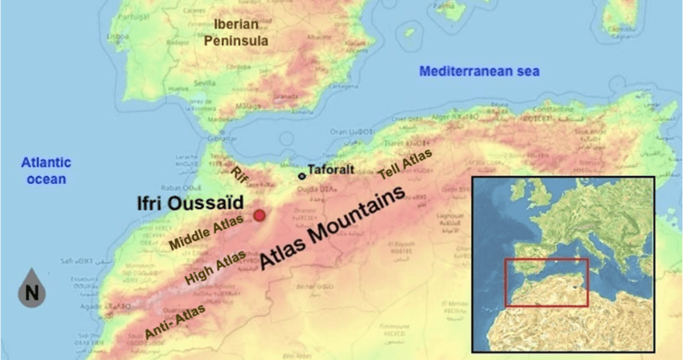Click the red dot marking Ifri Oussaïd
click(260, 215)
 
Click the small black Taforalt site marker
click(302, 175)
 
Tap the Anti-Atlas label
click(174, 320)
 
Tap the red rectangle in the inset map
click(546, 282)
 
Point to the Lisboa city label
click(120, 36)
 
